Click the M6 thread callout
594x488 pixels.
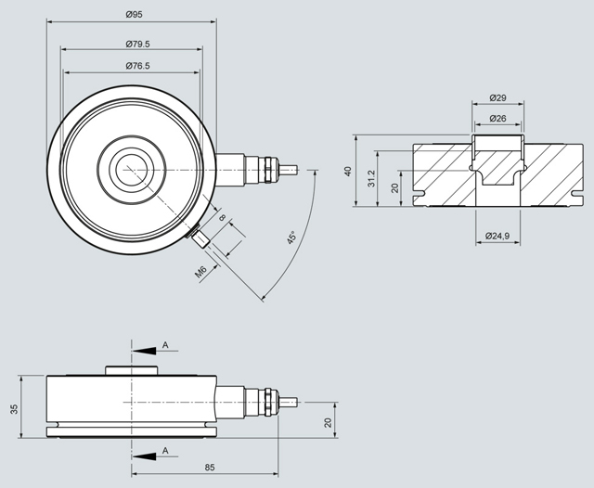pos(200,272)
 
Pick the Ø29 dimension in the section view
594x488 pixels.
pos(497,97)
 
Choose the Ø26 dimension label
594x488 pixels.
pos(497,118)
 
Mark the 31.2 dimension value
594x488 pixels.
pos(371,178)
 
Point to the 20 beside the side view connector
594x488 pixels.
pos(328,423)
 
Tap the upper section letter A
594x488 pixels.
pos(164,345)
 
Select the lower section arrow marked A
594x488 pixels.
pos(144,456)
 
